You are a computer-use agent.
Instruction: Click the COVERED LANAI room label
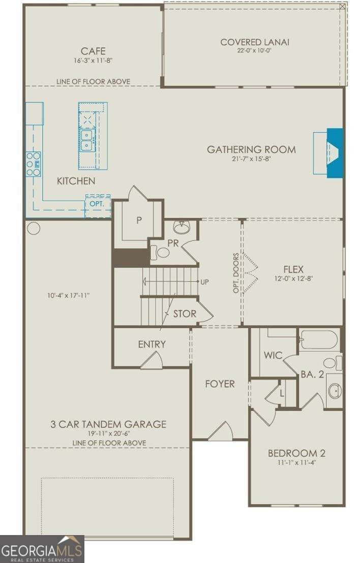254,42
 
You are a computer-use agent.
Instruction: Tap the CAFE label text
93,51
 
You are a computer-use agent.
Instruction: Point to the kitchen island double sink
86,139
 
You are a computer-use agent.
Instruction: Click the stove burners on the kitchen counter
34,164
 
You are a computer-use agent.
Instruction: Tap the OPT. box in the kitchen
98,204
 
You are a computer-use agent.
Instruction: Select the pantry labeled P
138,221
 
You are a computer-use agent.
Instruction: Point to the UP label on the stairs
204,282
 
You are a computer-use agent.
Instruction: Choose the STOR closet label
184,314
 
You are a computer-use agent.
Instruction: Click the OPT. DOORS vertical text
236,273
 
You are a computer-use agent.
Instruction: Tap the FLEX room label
293,269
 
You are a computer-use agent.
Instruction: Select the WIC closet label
273,355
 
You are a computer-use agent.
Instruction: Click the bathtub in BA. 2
319,339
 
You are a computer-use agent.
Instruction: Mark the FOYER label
220,384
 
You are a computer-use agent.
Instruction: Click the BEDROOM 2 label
296,453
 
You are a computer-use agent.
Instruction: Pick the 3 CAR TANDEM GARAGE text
108,424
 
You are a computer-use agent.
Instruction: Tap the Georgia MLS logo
42,549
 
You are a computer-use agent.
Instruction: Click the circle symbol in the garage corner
34,228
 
